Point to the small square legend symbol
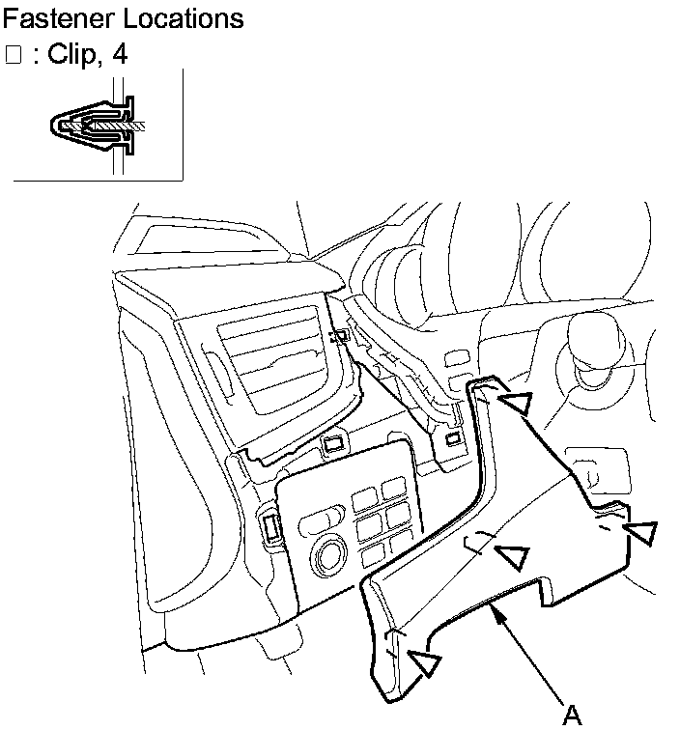tap(13, 55)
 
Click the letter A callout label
tap(572, 714)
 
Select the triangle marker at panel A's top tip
tap(518, 402)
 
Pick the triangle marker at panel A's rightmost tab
tap(640, 532)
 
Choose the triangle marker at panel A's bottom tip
tap(424, 662)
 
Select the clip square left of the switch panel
tap(269, 528)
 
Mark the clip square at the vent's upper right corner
tap(337, 336)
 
